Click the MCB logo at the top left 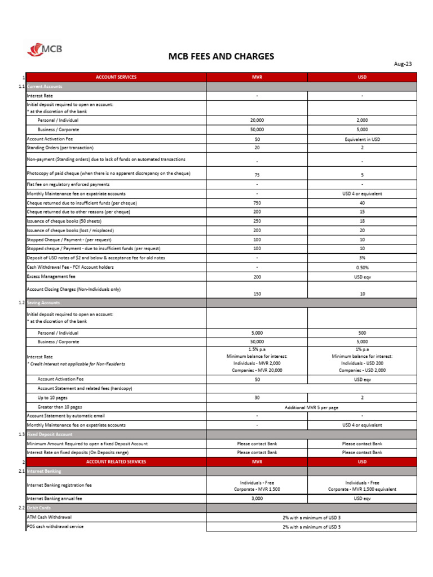(x=45, y=50)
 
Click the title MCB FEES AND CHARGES (x=221, y=56)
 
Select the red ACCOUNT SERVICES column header (x=116, y=77)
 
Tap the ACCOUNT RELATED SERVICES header (x=116, y=461)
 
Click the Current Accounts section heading (x=45, y=86)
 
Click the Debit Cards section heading (x=39, y=508)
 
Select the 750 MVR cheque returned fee (x=257, y=203)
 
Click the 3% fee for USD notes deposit (x=362, y=258)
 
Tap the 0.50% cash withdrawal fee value (x=362, y=267)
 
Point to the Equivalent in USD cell (x=362, y=139)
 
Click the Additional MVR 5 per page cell (x=311, y=407)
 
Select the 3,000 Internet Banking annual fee (x=257, y=499)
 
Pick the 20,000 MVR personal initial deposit (x=257, y=121)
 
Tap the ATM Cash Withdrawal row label (x=49, y=517)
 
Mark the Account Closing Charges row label (x=74, y=289)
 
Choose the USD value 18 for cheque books (x=362, y=221)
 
